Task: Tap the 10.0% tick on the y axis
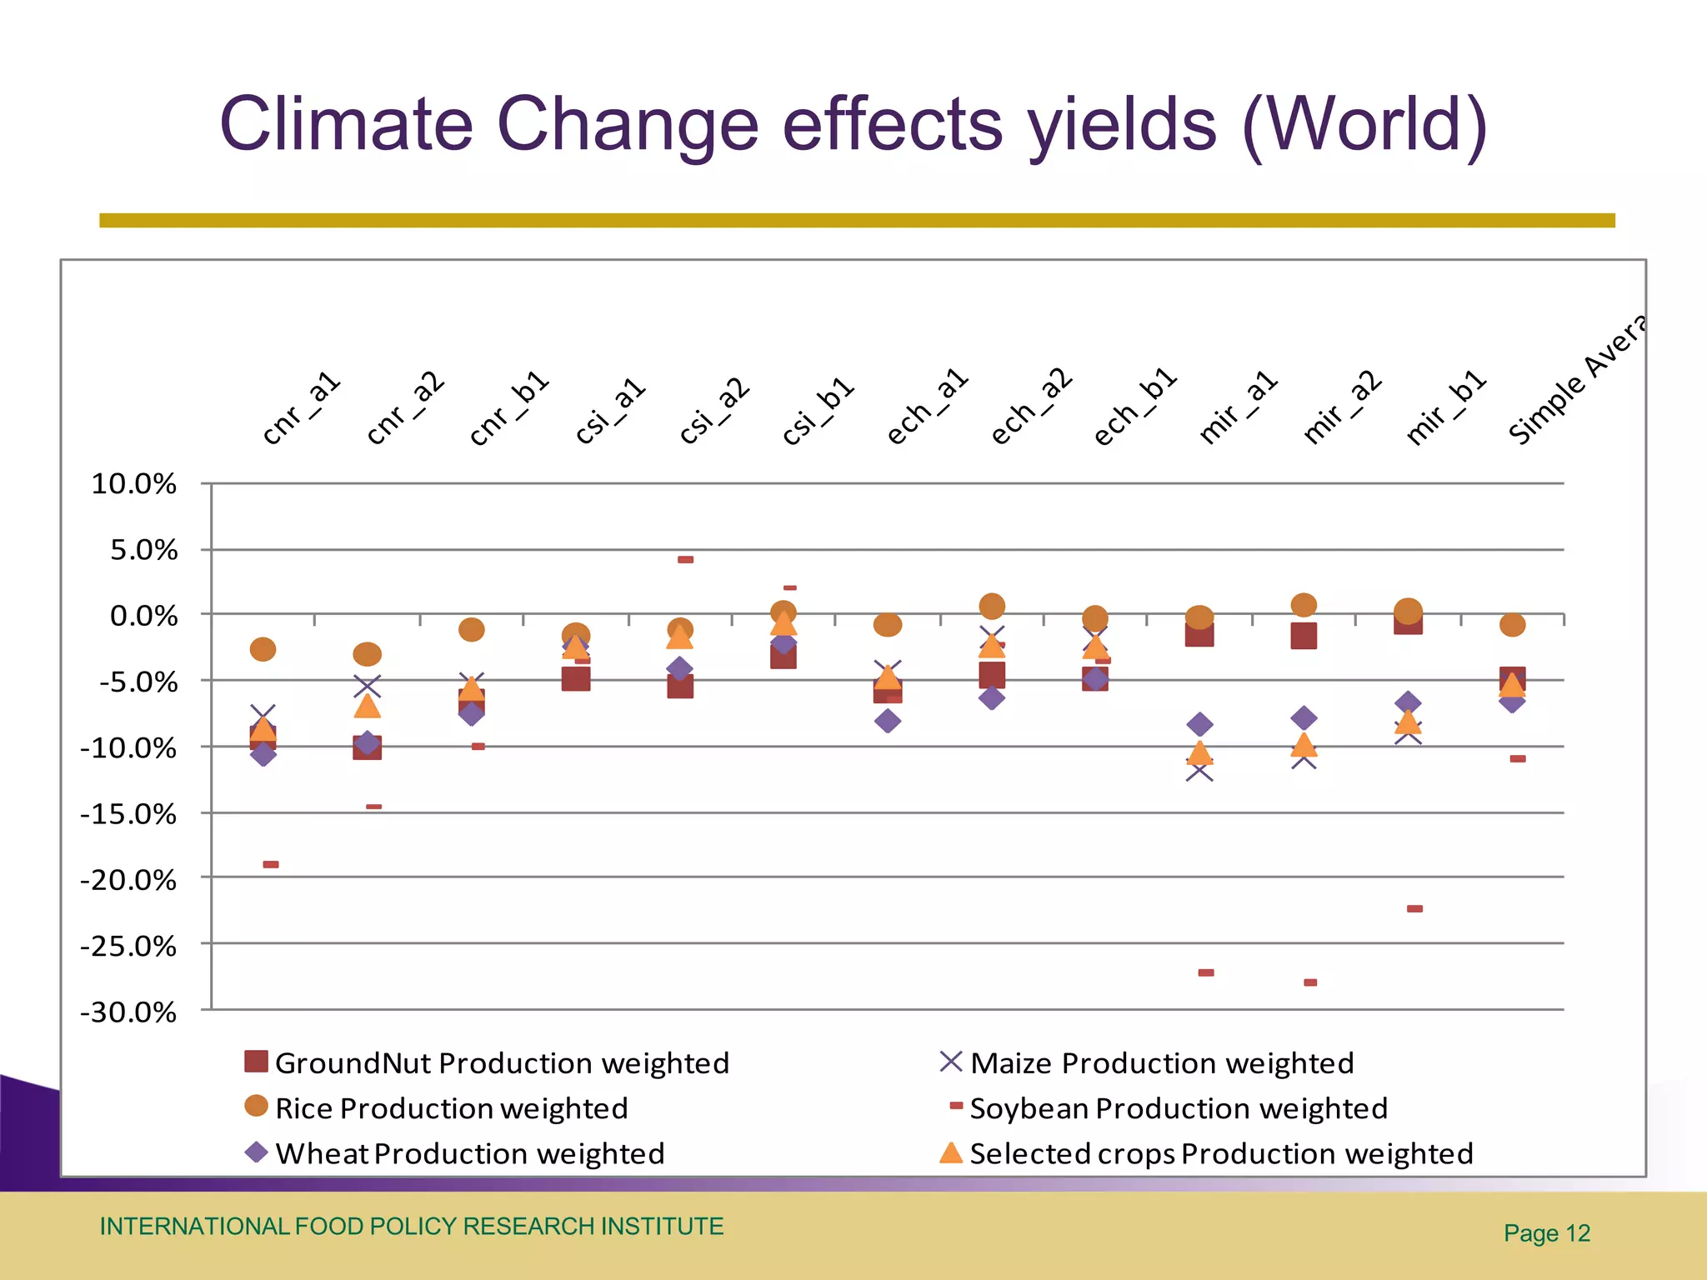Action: pyautogui.click(x=134, y=484)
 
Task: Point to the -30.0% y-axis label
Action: pyautogui.click(x=129, y=1012)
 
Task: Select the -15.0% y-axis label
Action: pyautogui.click(x=129, y=814)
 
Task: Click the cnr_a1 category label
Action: pyautogui.click(x=301, y=408)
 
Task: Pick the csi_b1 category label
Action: pyautogui.click(x=818, y=411)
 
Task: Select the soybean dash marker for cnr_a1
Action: pyautogui.click(x=271, y=864)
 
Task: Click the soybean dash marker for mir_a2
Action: pyautogui.click(x=1310, y=982)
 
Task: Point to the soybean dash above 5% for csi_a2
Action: pyautogui.click(x=685, y=559)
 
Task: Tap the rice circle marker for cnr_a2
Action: pyautogui.click(x=368, y=654)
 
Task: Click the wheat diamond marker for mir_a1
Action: pyautogui.click(x=1199, y=723)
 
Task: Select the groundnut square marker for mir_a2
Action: pyautogui.click(x=1304, y=636)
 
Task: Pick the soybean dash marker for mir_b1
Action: pyautogui.click(x=1414, y=908)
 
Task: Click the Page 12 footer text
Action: pyautogui.click(x=1546, y=1233)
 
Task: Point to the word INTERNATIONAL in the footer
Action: pyautogui.click(x=194, y=1227)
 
